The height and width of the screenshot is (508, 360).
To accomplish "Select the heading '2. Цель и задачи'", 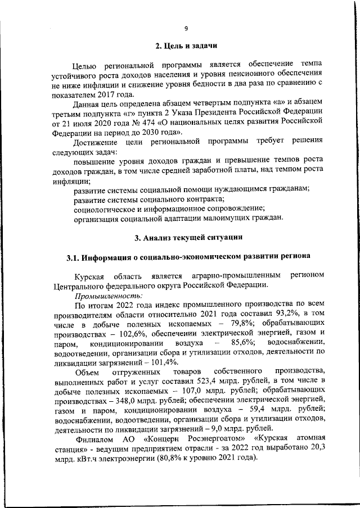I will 186,46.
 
